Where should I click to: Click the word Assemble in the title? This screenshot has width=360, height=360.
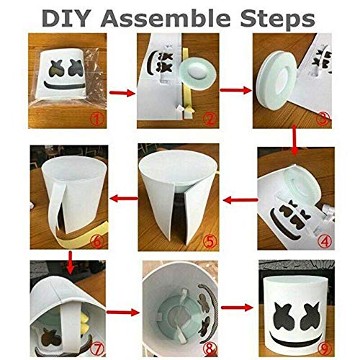click(166, 19)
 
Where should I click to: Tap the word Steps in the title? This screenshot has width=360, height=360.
click(277, 20)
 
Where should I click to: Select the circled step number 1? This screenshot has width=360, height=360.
click(96, 119)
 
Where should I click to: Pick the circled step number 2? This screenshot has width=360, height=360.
click(210, 119)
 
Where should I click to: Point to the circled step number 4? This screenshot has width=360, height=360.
click(325, 241)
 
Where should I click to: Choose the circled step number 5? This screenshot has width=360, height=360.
click(210, 241)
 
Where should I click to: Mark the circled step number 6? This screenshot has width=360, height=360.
click(97, 241)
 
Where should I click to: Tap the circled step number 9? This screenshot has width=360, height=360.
click(324, 348)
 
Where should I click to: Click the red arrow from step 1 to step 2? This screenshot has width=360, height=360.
click(122, 93)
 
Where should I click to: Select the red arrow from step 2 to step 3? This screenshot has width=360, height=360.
click(235, 90)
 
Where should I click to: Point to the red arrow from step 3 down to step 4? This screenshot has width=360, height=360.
click(295, 140)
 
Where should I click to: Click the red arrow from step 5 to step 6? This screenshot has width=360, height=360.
click(124, 199)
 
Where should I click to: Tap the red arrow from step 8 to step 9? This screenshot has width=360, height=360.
click(237, 307)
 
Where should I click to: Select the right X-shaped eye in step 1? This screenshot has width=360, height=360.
click(76, 67)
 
